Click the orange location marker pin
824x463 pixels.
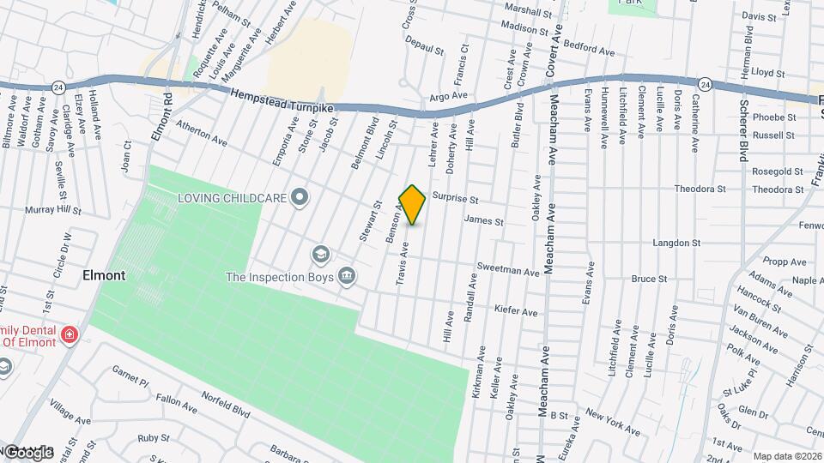413,204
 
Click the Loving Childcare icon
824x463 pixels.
300,198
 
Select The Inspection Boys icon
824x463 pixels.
347,276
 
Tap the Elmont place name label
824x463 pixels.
104,275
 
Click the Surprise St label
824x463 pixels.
454,198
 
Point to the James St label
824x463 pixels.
482,220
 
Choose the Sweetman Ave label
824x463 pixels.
507,270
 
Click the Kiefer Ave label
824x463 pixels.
516,310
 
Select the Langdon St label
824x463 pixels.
676,244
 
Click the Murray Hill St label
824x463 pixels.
52,209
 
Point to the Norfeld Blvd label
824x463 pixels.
226,404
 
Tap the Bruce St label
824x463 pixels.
649,279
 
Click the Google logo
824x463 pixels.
28,452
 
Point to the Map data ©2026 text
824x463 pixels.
787,456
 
